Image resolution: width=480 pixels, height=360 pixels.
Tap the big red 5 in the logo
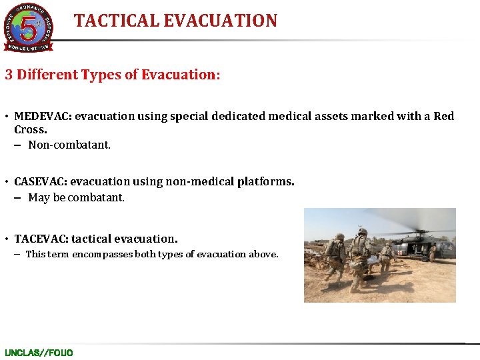click(28, 27)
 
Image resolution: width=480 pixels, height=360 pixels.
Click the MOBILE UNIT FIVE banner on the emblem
click(28, 47)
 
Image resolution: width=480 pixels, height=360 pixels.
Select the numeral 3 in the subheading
click(9, 75)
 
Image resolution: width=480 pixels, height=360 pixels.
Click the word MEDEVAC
click(41, 117)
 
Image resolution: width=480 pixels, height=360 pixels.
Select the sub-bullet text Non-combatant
click(69, 145)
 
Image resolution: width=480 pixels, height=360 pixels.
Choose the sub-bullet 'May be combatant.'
click(76, 198)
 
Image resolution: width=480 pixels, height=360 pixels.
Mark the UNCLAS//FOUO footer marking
click(39, 353)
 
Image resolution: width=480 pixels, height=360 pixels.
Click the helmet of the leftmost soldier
click(340, 237)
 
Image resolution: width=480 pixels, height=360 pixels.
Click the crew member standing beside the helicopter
click(431, 251)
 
